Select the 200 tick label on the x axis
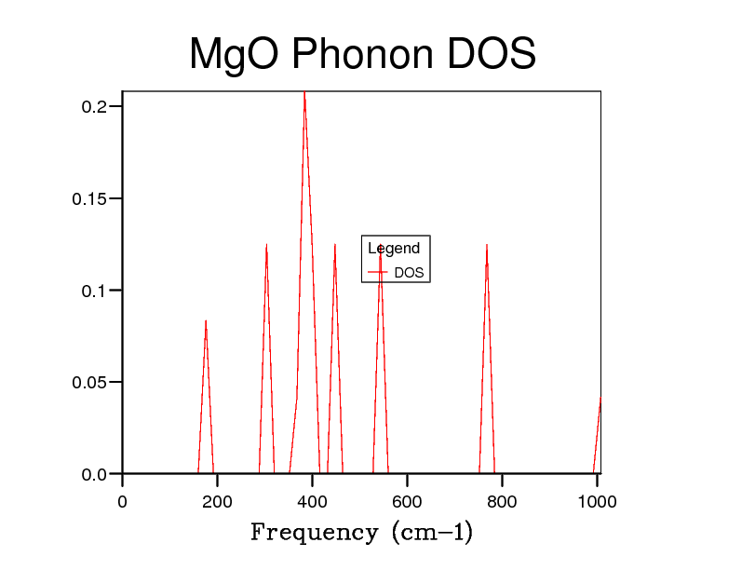[x=217, y=502]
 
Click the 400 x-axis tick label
[x=312, y=502]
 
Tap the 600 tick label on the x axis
[x=407, y=502]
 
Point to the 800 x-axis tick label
[x=502, y=502]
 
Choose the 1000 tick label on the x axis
[x=597, y=502]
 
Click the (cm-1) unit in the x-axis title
[x=432, y=533]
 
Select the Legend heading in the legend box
[x=394, y=249]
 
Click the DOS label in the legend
[x=409, y=273]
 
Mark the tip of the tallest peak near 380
[x=303, y=92]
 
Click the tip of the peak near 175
[x=206, y=320]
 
